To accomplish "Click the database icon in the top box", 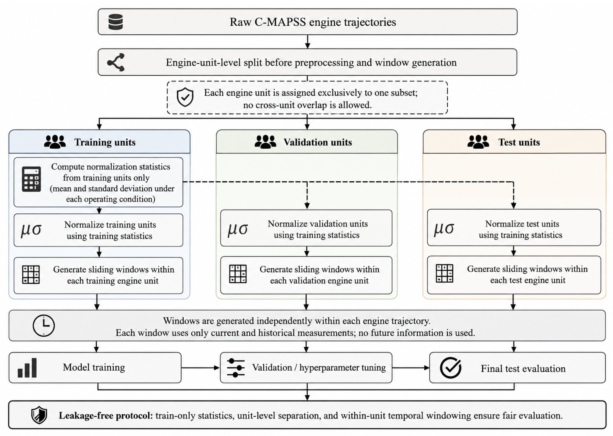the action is coord(116,22).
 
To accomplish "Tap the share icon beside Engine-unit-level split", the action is coord(116,62).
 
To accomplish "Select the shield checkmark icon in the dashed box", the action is coord(185,97).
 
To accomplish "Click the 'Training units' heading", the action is coord(105,142).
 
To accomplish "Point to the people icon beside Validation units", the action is coord(265,142).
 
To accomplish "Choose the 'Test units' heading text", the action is coord(519,142).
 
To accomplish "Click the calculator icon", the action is coord(31,179).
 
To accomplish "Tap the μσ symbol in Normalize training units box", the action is coord(31,230).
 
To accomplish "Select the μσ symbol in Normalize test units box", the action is coord(444,229).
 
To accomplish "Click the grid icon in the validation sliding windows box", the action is coord(238,274).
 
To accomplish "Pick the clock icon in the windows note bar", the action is coord(44,325).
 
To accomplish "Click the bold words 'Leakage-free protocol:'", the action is coord(106,416).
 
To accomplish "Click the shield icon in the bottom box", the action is coord(39,415).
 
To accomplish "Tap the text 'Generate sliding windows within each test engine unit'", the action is coord(527,274).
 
